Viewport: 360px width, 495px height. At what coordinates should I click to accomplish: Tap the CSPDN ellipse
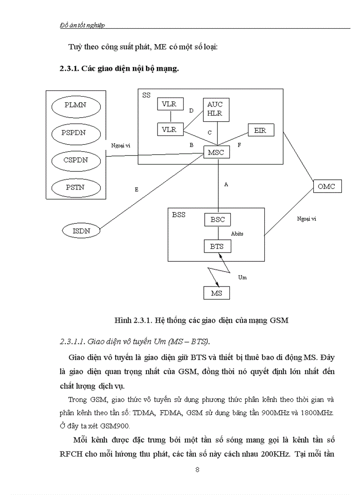tap(76, 160)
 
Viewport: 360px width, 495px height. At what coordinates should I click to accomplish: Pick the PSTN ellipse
tap(76, 187)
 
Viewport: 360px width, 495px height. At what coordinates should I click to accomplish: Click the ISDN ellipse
tap(81, 230)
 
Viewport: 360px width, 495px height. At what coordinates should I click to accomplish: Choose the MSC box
tap(216, 153)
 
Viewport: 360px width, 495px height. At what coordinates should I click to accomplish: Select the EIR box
tap(260, 130)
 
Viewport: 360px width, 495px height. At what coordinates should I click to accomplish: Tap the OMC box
tap(326, 186)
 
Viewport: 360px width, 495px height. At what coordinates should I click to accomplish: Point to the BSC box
tap(217, 219)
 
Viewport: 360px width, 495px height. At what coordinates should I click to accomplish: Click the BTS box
tap(217, 246)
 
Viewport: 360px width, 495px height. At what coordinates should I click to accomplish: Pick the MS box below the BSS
tap(217, 293)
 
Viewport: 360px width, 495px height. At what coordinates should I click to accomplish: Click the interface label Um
tap(242, 277)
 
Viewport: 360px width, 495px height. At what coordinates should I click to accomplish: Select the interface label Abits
tap(237, 234)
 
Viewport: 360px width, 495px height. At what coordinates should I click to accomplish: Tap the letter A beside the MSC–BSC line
tap(226, 185)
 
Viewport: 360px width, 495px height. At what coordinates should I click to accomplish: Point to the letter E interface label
tap(136, 189)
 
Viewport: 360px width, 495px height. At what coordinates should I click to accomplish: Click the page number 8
tap(197, 469)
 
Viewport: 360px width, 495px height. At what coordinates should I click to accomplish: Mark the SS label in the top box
tap(146, 95)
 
